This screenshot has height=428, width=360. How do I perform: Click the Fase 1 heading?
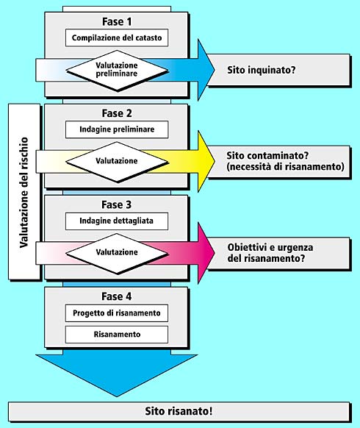pos(117,21)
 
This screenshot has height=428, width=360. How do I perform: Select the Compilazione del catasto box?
pos(117,38)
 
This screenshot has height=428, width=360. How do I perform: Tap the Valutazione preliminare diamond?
pos(117,71)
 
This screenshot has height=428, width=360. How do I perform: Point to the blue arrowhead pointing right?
pos(206,70)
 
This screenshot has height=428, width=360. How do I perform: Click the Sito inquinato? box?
pos(278,70)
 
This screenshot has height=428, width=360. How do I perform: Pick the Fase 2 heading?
pos(117,113)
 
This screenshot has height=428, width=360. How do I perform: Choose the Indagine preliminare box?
pos(117,129)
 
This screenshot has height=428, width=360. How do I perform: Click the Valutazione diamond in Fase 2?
pos(117,162)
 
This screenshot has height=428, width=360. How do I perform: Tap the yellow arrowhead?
pos(206,162)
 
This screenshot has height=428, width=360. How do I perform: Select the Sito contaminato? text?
pos(267,156)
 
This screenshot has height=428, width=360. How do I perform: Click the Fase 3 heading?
pos(117,204)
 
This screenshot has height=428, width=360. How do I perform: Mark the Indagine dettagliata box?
pos(117,221)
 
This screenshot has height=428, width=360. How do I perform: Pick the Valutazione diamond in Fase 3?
pos(117,253)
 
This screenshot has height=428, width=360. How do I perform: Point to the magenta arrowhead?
pos(206,253)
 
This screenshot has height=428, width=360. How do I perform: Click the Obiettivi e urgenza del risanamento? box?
pos(278,253)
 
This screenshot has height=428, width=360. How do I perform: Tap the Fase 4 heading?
pos(117,296)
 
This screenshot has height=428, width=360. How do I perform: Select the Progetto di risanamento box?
pos(117,313)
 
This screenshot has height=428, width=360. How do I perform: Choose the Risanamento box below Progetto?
pos(117,335)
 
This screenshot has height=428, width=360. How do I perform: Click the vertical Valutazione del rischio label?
pos(24,192)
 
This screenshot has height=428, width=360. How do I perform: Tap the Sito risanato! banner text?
pos(179,411)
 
